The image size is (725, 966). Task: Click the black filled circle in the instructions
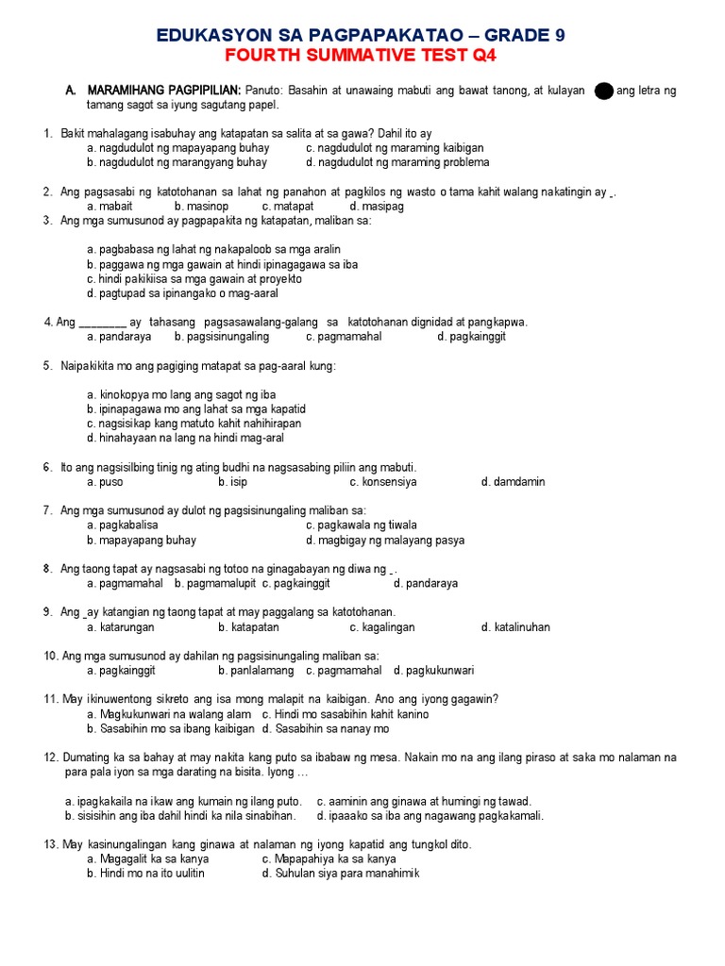click(604, 91)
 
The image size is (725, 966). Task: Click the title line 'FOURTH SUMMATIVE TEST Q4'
click(362, 56)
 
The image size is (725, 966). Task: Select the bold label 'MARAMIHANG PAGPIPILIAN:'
click(164, 91)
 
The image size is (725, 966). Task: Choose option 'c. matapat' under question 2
click(288, 206)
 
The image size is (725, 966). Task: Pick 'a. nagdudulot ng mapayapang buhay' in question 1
click(177, 148)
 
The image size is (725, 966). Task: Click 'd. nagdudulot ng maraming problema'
click(395, 162)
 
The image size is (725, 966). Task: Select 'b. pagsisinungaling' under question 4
click(222, 336)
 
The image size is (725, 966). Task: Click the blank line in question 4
click(101, 323)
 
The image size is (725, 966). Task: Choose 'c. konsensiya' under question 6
click(383, 482)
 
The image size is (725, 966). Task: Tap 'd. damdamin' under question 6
click(513, 482)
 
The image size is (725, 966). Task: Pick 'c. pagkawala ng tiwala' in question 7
click(362, 525)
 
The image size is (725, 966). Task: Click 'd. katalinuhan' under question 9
click(515, 627)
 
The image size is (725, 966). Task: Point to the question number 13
click(51, 844)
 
